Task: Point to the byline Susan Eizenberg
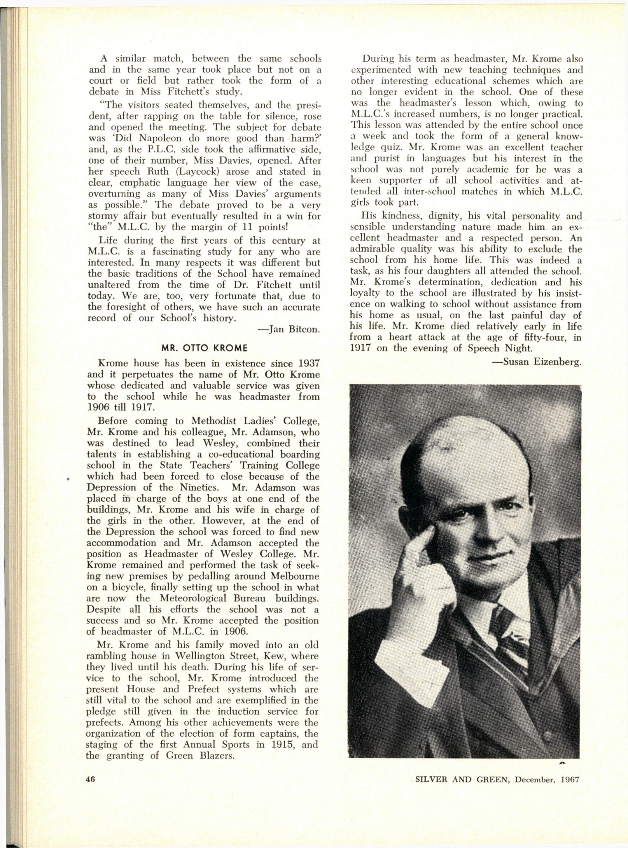pyautogui.click(x=542, y=362)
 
